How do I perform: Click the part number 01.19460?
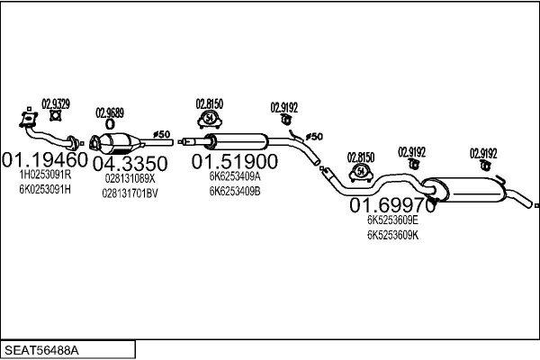point(45,161)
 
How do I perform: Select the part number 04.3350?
point(130,163)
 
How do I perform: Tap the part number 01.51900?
point(234,161)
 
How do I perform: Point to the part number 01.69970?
point(392,206)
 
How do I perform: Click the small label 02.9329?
point(56,103)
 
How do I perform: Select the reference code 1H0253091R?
point(45,176)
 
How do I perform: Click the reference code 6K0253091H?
point(45,190)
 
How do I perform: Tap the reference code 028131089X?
point(130,178)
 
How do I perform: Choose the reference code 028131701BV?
point(130,192)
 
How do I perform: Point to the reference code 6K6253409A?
point(234,176)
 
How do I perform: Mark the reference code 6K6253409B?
point(234,190)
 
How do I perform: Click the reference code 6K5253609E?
point(392,220)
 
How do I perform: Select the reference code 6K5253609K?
point(392,234)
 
